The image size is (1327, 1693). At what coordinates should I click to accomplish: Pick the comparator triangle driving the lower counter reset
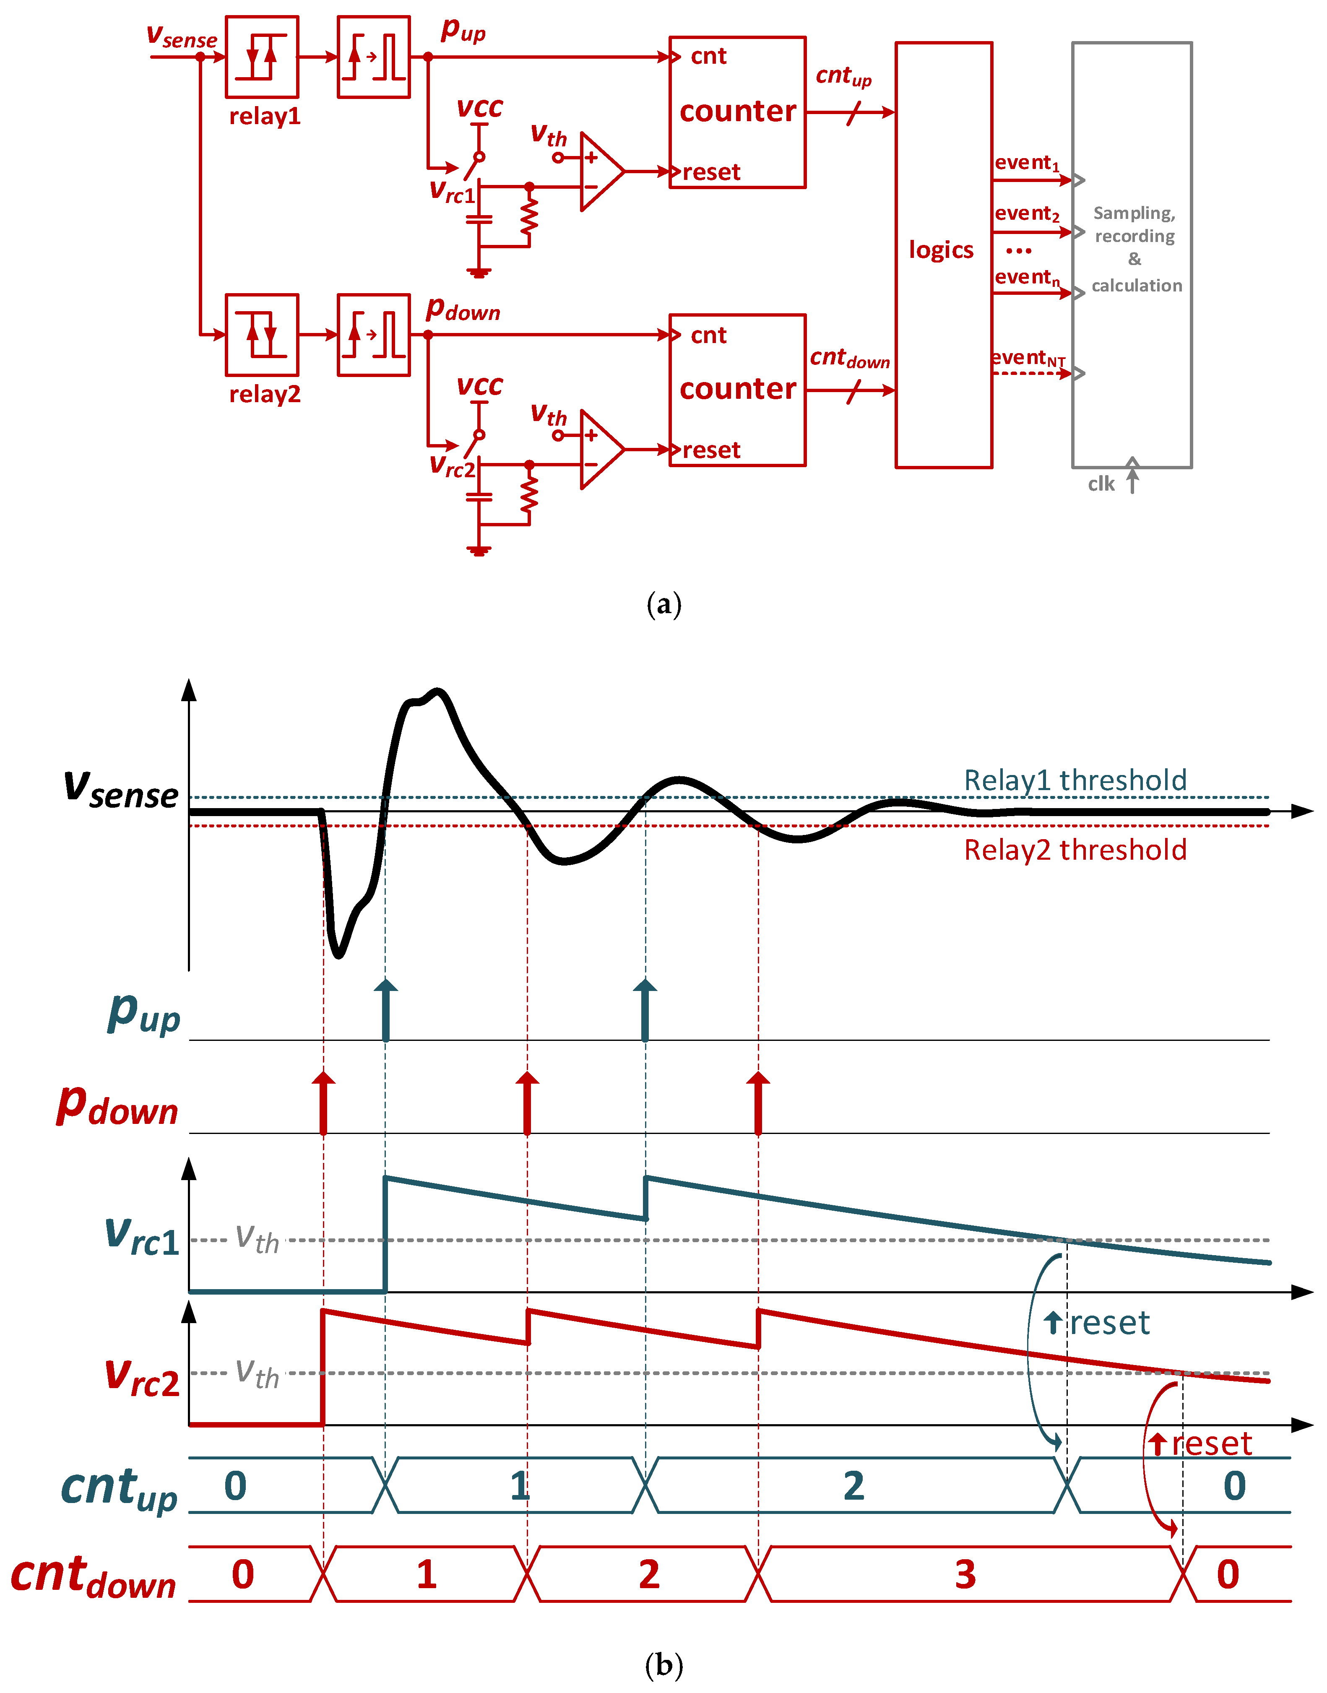[601, 449]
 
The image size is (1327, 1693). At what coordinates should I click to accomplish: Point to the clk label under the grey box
[1101, 484]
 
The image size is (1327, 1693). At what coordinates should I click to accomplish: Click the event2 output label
[1026, 213]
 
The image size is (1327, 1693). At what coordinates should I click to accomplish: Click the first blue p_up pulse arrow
[385, 1010]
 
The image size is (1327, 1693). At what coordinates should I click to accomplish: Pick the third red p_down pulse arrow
[758, 1103]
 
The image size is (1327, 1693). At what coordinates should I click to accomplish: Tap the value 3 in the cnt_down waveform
[965, 1574]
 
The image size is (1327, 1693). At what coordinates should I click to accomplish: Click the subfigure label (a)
[663, 604]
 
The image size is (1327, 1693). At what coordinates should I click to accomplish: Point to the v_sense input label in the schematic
[182, 36]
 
